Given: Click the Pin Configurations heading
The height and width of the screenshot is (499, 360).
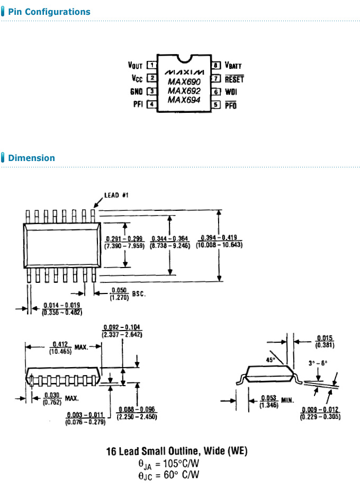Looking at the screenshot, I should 49,12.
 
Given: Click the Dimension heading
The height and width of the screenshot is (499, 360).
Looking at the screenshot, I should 31,158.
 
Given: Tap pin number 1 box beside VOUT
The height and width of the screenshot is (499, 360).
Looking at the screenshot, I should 152,65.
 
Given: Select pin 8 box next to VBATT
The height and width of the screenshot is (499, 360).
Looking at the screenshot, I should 216,65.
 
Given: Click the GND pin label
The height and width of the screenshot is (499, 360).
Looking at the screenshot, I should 137,92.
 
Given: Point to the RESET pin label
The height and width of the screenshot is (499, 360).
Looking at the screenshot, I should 234,79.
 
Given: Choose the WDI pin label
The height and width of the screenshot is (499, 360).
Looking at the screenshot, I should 231,92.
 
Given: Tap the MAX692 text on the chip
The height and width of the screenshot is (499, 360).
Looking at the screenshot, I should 184,91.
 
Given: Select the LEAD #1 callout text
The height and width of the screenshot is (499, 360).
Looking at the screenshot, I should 113,195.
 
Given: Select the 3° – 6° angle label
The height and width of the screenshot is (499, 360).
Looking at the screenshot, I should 318,363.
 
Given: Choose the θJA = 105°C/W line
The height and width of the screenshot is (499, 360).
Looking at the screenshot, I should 169,464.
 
